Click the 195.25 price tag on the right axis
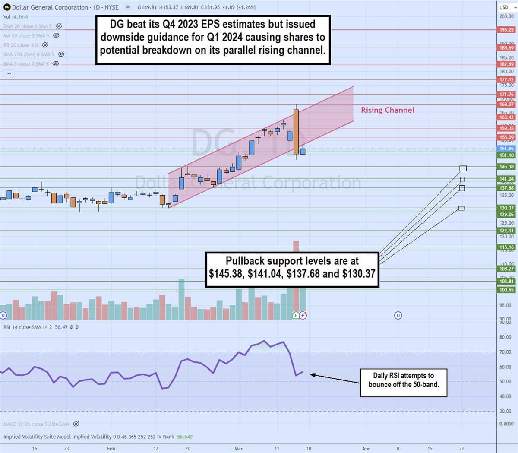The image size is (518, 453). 506,30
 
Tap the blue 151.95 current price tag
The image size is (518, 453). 506,149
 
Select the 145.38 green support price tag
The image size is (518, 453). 506,167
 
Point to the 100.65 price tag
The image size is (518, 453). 506,290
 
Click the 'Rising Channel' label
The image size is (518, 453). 387,110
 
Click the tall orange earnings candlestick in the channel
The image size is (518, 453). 296,132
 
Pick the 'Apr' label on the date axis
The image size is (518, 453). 366,449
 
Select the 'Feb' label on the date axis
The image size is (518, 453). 111,449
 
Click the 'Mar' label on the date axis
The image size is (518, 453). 238,449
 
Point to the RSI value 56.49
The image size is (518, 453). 61,327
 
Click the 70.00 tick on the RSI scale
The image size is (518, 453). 505,352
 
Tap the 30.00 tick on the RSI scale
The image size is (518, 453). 505,411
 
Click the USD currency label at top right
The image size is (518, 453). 503,7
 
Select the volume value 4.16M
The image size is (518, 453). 21,17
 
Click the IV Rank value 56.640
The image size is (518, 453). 185,437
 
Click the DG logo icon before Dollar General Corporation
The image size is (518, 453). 7,7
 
